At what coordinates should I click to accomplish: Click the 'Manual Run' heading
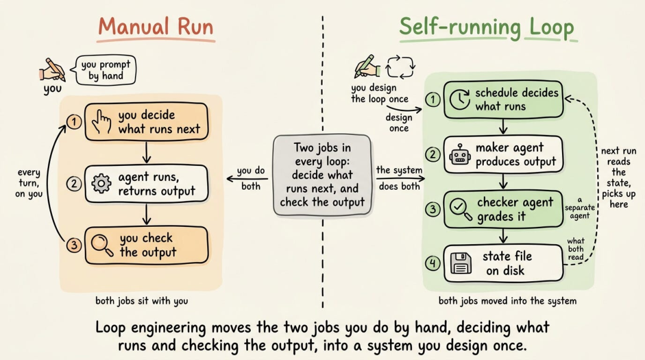click(155, 27)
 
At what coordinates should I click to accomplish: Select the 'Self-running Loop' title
click(487, 27)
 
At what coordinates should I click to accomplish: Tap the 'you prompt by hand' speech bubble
click(105, 70)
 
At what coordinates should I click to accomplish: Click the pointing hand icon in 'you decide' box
click(102, 122)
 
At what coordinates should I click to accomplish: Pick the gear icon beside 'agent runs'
click(101, 183)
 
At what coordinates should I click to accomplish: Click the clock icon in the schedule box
click(459, 100)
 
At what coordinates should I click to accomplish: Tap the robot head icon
click(460, 155)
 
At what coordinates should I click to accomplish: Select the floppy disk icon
click(460, 263)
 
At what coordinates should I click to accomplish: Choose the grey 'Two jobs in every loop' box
click(322, 175)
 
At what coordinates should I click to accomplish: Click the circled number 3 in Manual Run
click(74, 245)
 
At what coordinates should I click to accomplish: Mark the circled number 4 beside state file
click(433, 263)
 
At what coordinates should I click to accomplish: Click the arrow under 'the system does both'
click(400, 179)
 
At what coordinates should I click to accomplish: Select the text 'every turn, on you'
click(29, 183)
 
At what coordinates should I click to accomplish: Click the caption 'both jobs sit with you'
click(142, 301)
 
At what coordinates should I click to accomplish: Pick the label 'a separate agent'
click(579, 208)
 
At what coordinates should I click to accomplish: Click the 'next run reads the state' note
click(618, 177)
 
